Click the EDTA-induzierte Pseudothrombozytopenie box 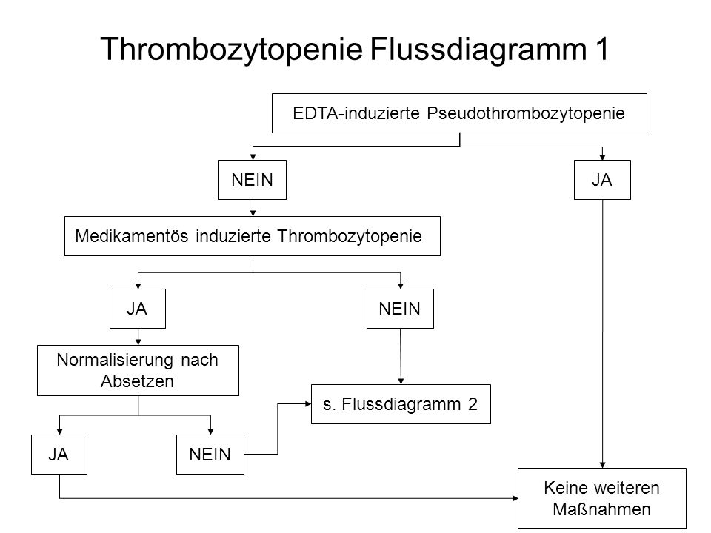459,113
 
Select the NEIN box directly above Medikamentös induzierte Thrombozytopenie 253,180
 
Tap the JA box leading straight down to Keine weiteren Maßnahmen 602,180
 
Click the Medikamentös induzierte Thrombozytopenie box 253,236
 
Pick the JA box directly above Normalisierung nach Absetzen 138,309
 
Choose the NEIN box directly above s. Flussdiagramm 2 400,309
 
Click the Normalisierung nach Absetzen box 138,370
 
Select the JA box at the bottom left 59,455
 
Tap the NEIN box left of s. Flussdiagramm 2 210,455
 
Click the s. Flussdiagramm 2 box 401,404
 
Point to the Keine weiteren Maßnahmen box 602,498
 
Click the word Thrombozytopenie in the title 231,50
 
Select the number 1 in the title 601,49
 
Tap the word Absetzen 138,381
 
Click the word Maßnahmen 601,509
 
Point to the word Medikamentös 132,236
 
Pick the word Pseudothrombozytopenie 526,113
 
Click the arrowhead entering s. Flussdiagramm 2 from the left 308,404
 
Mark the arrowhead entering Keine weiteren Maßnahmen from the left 515,498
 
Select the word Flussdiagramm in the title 478,50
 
